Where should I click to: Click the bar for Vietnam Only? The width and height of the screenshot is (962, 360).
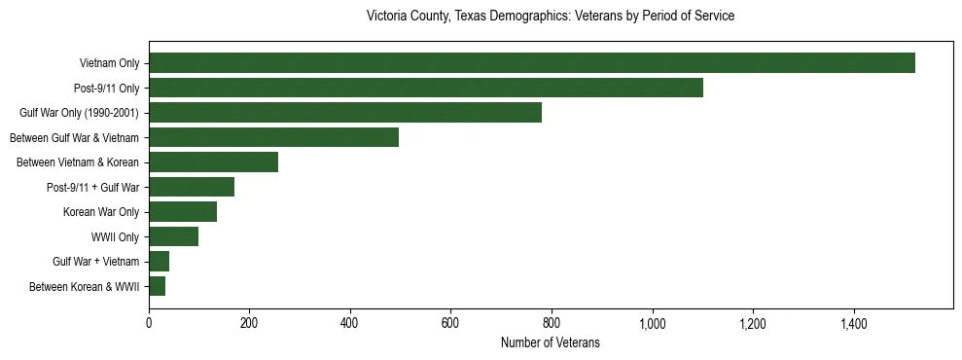(x=532, y=63)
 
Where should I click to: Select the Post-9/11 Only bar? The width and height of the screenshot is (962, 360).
(x=426, y=88)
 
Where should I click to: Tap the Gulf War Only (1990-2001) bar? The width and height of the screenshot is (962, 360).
(x=345, y=113)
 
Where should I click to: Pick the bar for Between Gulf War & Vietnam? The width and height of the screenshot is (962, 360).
(x=273, y=137)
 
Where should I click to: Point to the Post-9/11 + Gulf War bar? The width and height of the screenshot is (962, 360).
(x=192, y=187)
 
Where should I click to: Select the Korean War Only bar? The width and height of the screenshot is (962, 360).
(x=183, y=212)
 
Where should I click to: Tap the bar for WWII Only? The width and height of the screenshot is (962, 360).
(x=173, y=236)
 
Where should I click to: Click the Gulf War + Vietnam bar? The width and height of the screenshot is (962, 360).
(x=159, y=262)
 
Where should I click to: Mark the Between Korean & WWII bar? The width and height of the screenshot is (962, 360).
(x=157, y=286)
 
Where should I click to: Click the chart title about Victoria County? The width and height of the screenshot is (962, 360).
(x=550, y=17)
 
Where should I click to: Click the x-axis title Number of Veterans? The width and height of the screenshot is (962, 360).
(x=550, y=342)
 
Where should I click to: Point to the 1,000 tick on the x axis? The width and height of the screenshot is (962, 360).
(x=652, y=322)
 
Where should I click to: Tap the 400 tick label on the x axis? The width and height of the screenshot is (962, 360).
(x=350, y=322)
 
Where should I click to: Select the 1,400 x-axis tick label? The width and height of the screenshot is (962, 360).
(x=853, y=322)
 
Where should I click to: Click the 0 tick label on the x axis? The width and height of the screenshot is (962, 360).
(x=149, y=322)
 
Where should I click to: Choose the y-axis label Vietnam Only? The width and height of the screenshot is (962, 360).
(x=109, y=63)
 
